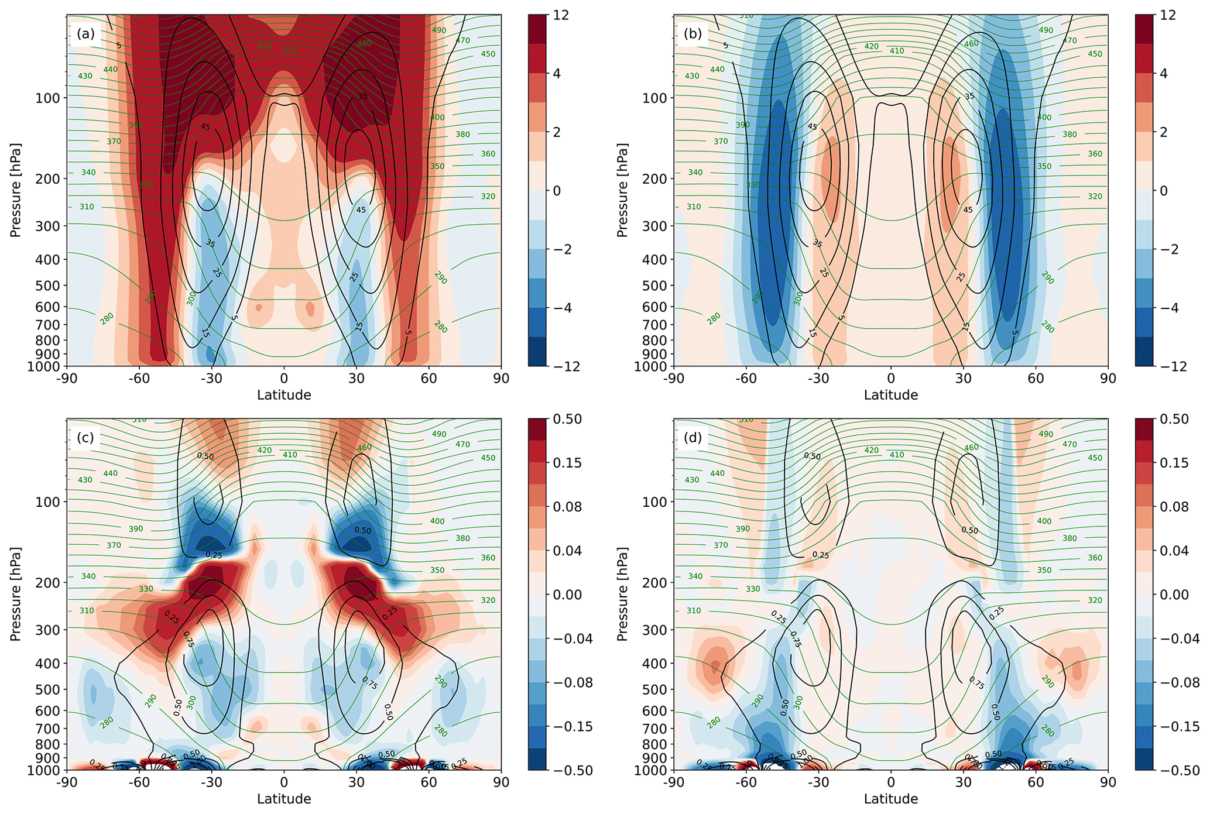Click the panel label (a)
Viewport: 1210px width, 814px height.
tap(85, 34)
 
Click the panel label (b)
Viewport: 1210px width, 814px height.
tap(693, 34)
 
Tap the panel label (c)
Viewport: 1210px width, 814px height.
tap(85, 438)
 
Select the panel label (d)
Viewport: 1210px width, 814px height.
tap(693, 438)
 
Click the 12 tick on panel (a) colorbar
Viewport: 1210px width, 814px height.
tap(560, 15)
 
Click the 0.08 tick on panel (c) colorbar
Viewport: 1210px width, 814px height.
tap(567, 507)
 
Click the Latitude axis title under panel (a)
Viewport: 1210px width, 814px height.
tap(284, 395)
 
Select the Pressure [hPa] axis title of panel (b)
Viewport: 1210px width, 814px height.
tap(622, 190)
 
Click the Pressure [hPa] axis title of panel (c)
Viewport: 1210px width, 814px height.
tap(15, 594)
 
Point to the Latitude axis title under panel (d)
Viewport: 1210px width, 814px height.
tap(891, 799)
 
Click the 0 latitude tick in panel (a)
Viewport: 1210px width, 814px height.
tap(284, 379)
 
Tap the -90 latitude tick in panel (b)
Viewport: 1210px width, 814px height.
tap(674, 379)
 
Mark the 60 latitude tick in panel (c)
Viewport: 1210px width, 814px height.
tap(429, 783)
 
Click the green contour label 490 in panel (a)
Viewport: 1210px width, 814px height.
tap(438, 30)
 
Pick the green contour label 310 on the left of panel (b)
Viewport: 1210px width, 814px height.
tap(694, 207)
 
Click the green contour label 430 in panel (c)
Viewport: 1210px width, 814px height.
tap(85, 480)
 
